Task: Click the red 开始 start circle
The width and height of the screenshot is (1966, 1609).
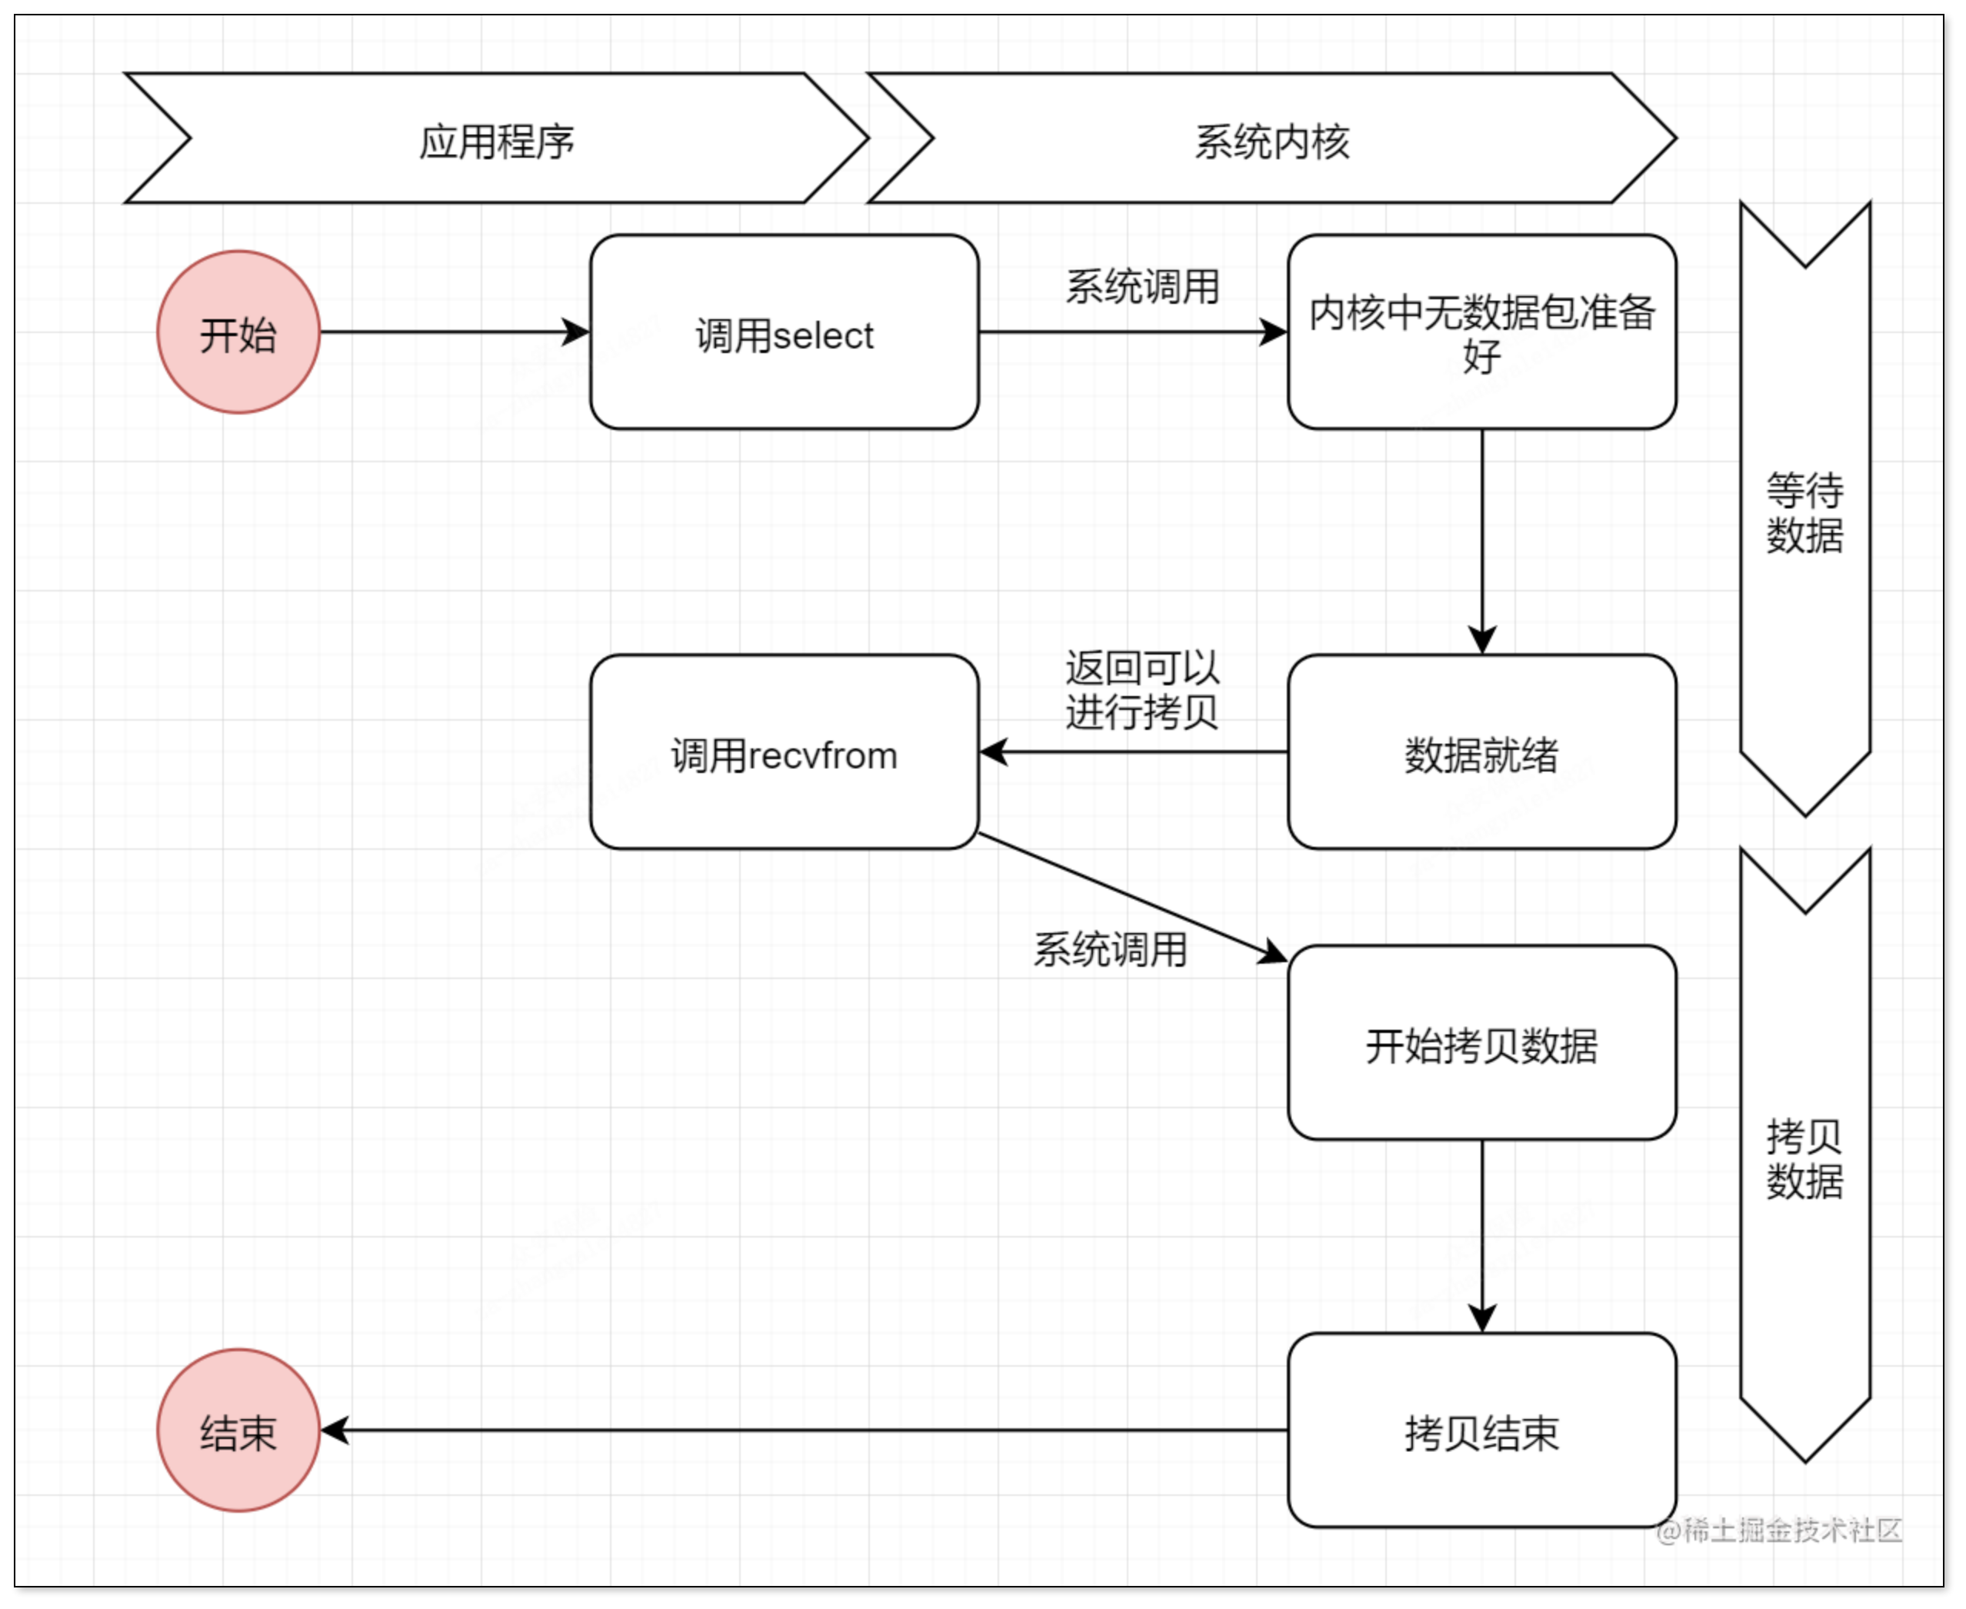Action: (238, 331)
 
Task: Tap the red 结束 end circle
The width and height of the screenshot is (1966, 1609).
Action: (238, 1430)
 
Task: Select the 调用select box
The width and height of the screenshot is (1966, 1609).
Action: (785, 331)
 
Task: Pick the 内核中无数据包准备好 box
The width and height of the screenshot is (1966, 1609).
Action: (1481, 331)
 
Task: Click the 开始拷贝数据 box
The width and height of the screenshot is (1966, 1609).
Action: (1481, 1043)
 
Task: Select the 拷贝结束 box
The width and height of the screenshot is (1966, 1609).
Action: (1481, 1430)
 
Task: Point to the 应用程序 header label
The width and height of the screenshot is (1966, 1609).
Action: (497, 142)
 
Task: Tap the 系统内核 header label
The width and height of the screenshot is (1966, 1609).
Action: (1271, 142)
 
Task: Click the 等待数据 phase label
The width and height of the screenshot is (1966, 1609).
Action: (1804, 512)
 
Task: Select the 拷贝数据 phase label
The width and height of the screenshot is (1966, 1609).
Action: (1804, 1158)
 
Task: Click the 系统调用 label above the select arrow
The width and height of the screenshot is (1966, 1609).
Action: (1142, 286)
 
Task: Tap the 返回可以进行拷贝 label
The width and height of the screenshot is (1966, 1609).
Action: (1142, 690)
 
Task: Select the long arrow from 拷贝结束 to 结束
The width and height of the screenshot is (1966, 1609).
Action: (806, 1430)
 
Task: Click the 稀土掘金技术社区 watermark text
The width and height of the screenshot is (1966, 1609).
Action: (1780, 1531)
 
